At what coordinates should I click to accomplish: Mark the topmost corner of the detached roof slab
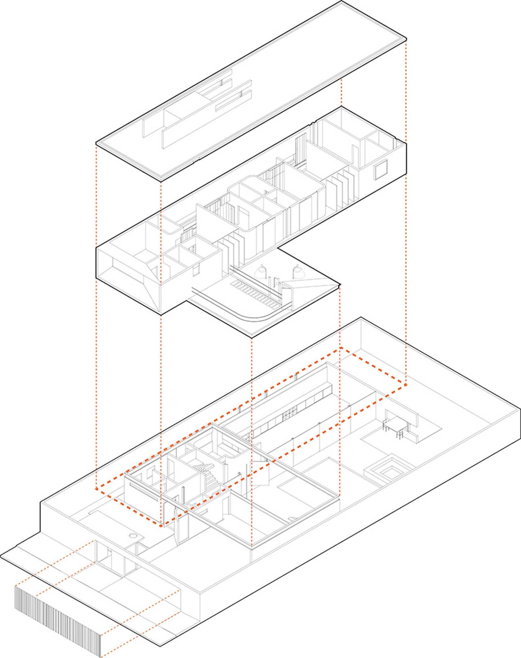click(x=341, y=1)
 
